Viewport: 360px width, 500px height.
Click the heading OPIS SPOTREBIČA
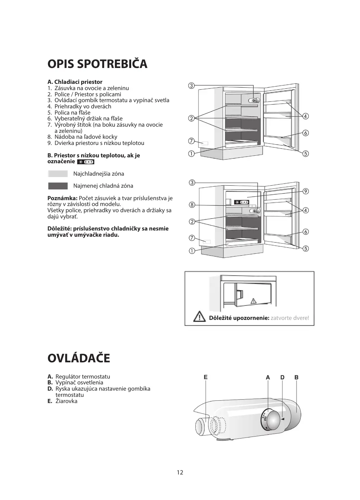97,64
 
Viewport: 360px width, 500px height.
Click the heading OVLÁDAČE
79,359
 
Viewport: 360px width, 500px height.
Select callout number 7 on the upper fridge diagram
191,140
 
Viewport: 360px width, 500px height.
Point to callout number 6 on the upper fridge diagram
305,133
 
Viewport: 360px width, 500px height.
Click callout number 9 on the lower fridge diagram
305,191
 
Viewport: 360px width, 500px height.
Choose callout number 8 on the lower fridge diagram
192,205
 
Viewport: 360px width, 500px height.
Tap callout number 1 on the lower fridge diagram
191,251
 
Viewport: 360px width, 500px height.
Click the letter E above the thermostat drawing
206,377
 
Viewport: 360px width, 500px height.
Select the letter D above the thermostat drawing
282,378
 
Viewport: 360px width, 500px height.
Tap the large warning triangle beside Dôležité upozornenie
200,316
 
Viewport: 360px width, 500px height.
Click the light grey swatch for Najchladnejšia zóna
58,174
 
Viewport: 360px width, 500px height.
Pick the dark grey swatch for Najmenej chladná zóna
58,186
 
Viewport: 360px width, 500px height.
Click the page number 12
180,472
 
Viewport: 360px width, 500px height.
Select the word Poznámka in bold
62,198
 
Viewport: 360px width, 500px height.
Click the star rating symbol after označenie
85,162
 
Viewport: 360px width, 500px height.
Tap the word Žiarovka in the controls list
66,401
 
